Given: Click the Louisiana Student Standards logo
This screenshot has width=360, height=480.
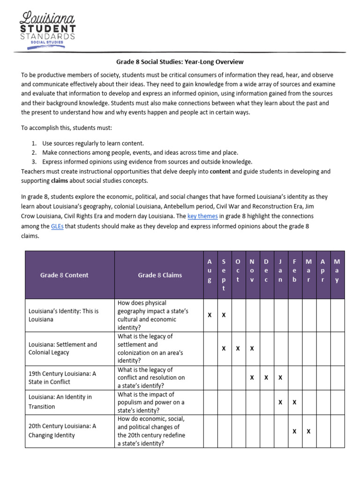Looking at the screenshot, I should pyautogui.click(x=47, y=29).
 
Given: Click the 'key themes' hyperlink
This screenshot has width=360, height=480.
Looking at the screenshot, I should pyautogui.click(x=202, y=216).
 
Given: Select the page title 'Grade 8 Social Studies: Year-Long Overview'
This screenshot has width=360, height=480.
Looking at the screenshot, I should pyautogui.click(x=180, y=62).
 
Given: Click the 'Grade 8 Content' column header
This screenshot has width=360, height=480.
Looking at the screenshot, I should pyautogui.click(x=64, y=275).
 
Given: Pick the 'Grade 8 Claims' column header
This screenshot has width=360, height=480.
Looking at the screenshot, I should pyautogui.click(x=160, y=275).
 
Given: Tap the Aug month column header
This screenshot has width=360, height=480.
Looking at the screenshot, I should pyautogui.click(x=210, y=270).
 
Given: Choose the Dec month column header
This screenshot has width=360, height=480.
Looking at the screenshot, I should pyautogui.click(x=266, y=270).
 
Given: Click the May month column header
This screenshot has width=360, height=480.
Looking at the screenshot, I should pyautogui.click(x=337, y=270).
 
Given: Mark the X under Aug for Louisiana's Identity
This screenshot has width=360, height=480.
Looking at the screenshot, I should pyautogui.click(x=210, y=315).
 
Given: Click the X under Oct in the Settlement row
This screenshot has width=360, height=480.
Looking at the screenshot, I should pyautogui.click(x=238, y=348).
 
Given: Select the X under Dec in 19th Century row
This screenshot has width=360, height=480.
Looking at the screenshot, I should pyautogui.click(x=266, y=377).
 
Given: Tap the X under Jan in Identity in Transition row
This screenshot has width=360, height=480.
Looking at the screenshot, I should pyautogui.click(x=280, y=402).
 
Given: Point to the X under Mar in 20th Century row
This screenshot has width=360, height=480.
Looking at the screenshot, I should pyautogui.click(x=308, y=431).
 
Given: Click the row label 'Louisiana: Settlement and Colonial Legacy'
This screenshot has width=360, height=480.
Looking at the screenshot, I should pyautogui.click(x=63, y=348).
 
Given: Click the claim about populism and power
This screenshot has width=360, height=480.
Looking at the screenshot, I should pyautogui.click(x=151, y=402).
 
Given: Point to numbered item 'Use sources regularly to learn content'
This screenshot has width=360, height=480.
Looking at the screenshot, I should pyautogui.click(x=93, y=143).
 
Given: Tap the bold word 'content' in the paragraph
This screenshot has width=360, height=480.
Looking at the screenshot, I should pyautogui.click(x=220, y=171).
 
